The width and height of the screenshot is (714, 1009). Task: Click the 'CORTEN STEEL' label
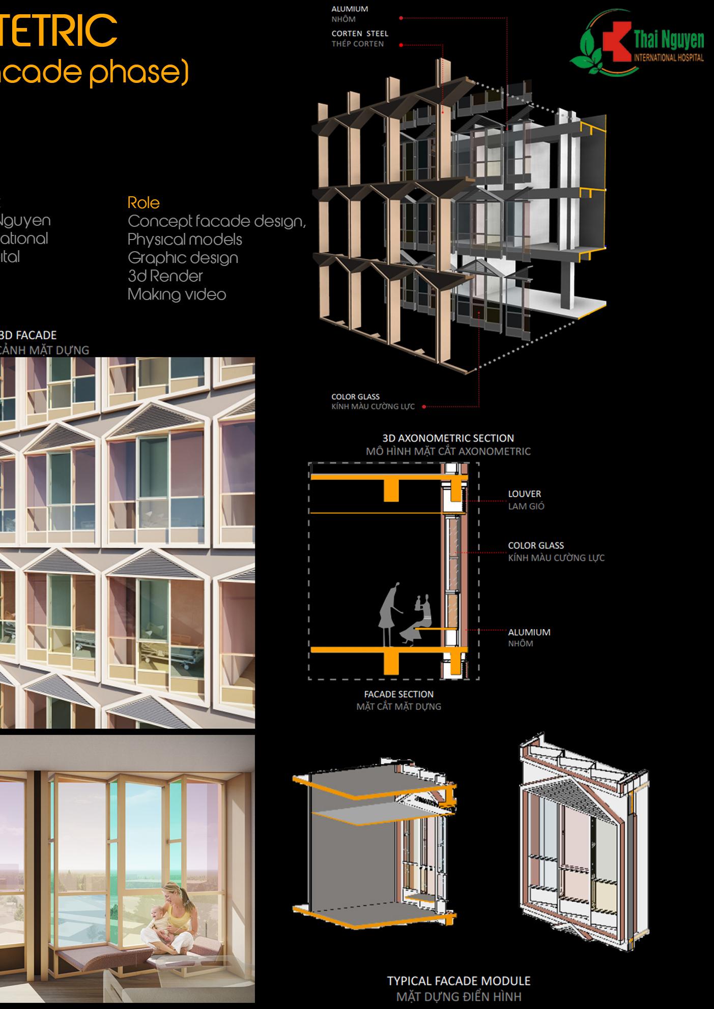pos(360,34)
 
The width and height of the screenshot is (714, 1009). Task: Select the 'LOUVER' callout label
pos(524,494)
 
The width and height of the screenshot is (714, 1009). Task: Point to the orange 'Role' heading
pos(144,203)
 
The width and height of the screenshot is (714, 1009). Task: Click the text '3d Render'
pos(165,276)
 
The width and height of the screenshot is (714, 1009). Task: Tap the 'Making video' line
pos(177,294)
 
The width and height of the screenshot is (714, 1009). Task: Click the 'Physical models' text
pos(185,240)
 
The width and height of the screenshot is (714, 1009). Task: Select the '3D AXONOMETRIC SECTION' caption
pos(448,438)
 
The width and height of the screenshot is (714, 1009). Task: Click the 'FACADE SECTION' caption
pos(398,694)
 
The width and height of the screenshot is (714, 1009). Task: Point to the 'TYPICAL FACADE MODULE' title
pos(459,981)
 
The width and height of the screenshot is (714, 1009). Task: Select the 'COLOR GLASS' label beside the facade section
pos(536,545)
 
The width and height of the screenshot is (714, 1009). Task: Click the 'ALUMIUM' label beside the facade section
pos(529,632)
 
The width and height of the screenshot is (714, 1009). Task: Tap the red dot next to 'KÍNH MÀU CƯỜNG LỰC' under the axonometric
pos(423,407)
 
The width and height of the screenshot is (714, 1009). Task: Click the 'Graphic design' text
pos(183,258)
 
